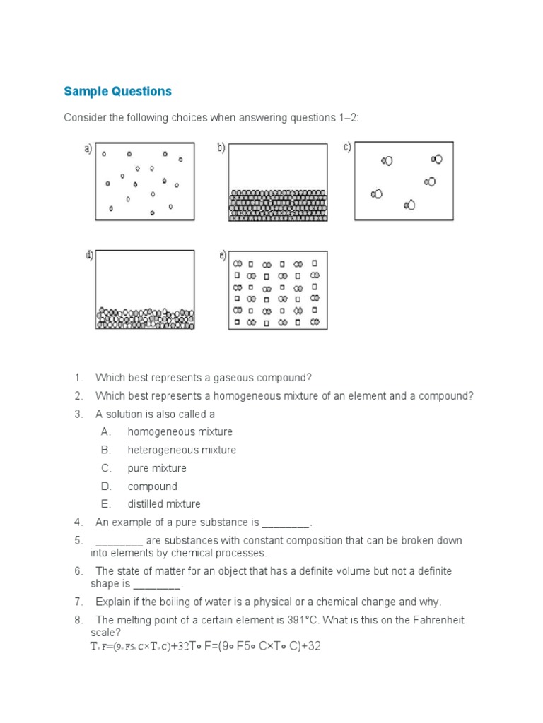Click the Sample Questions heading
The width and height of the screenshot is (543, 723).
(x=117, y=91)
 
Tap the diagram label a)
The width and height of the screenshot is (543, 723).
(x=88, y=148)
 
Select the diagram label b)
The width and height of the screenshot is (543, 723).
(x=221, y=148)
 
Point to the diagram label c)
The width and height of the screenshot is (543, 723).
(x=347, y=148)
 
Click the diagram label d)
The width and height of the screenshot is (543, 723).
(x=89, y=256)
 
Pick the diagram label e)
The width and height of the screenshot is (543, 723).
(x=222, y=256)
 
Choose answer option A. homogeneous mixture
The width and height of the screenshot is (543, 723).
(x=180, y=431)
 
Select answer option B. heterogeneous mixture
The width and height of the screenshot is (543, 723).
(x=182, y=450)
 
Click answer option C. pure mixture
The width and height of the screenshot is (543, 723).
(x=157, y=468)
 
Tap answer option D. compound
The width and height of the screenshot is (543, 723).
(x=152, y=486)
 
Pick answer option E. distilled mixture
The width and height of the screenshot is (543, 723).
(x=164, y=504)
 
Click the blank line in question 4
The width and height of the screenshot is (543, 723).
(x=286, y=524)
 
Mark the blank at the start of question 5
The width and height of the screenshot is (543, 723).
(x=119, y=542)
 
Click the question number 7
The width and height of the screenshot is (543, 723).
(x=78, y=602)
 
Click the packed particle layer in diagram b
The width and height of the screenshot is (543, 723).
(x=279, y=205)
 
